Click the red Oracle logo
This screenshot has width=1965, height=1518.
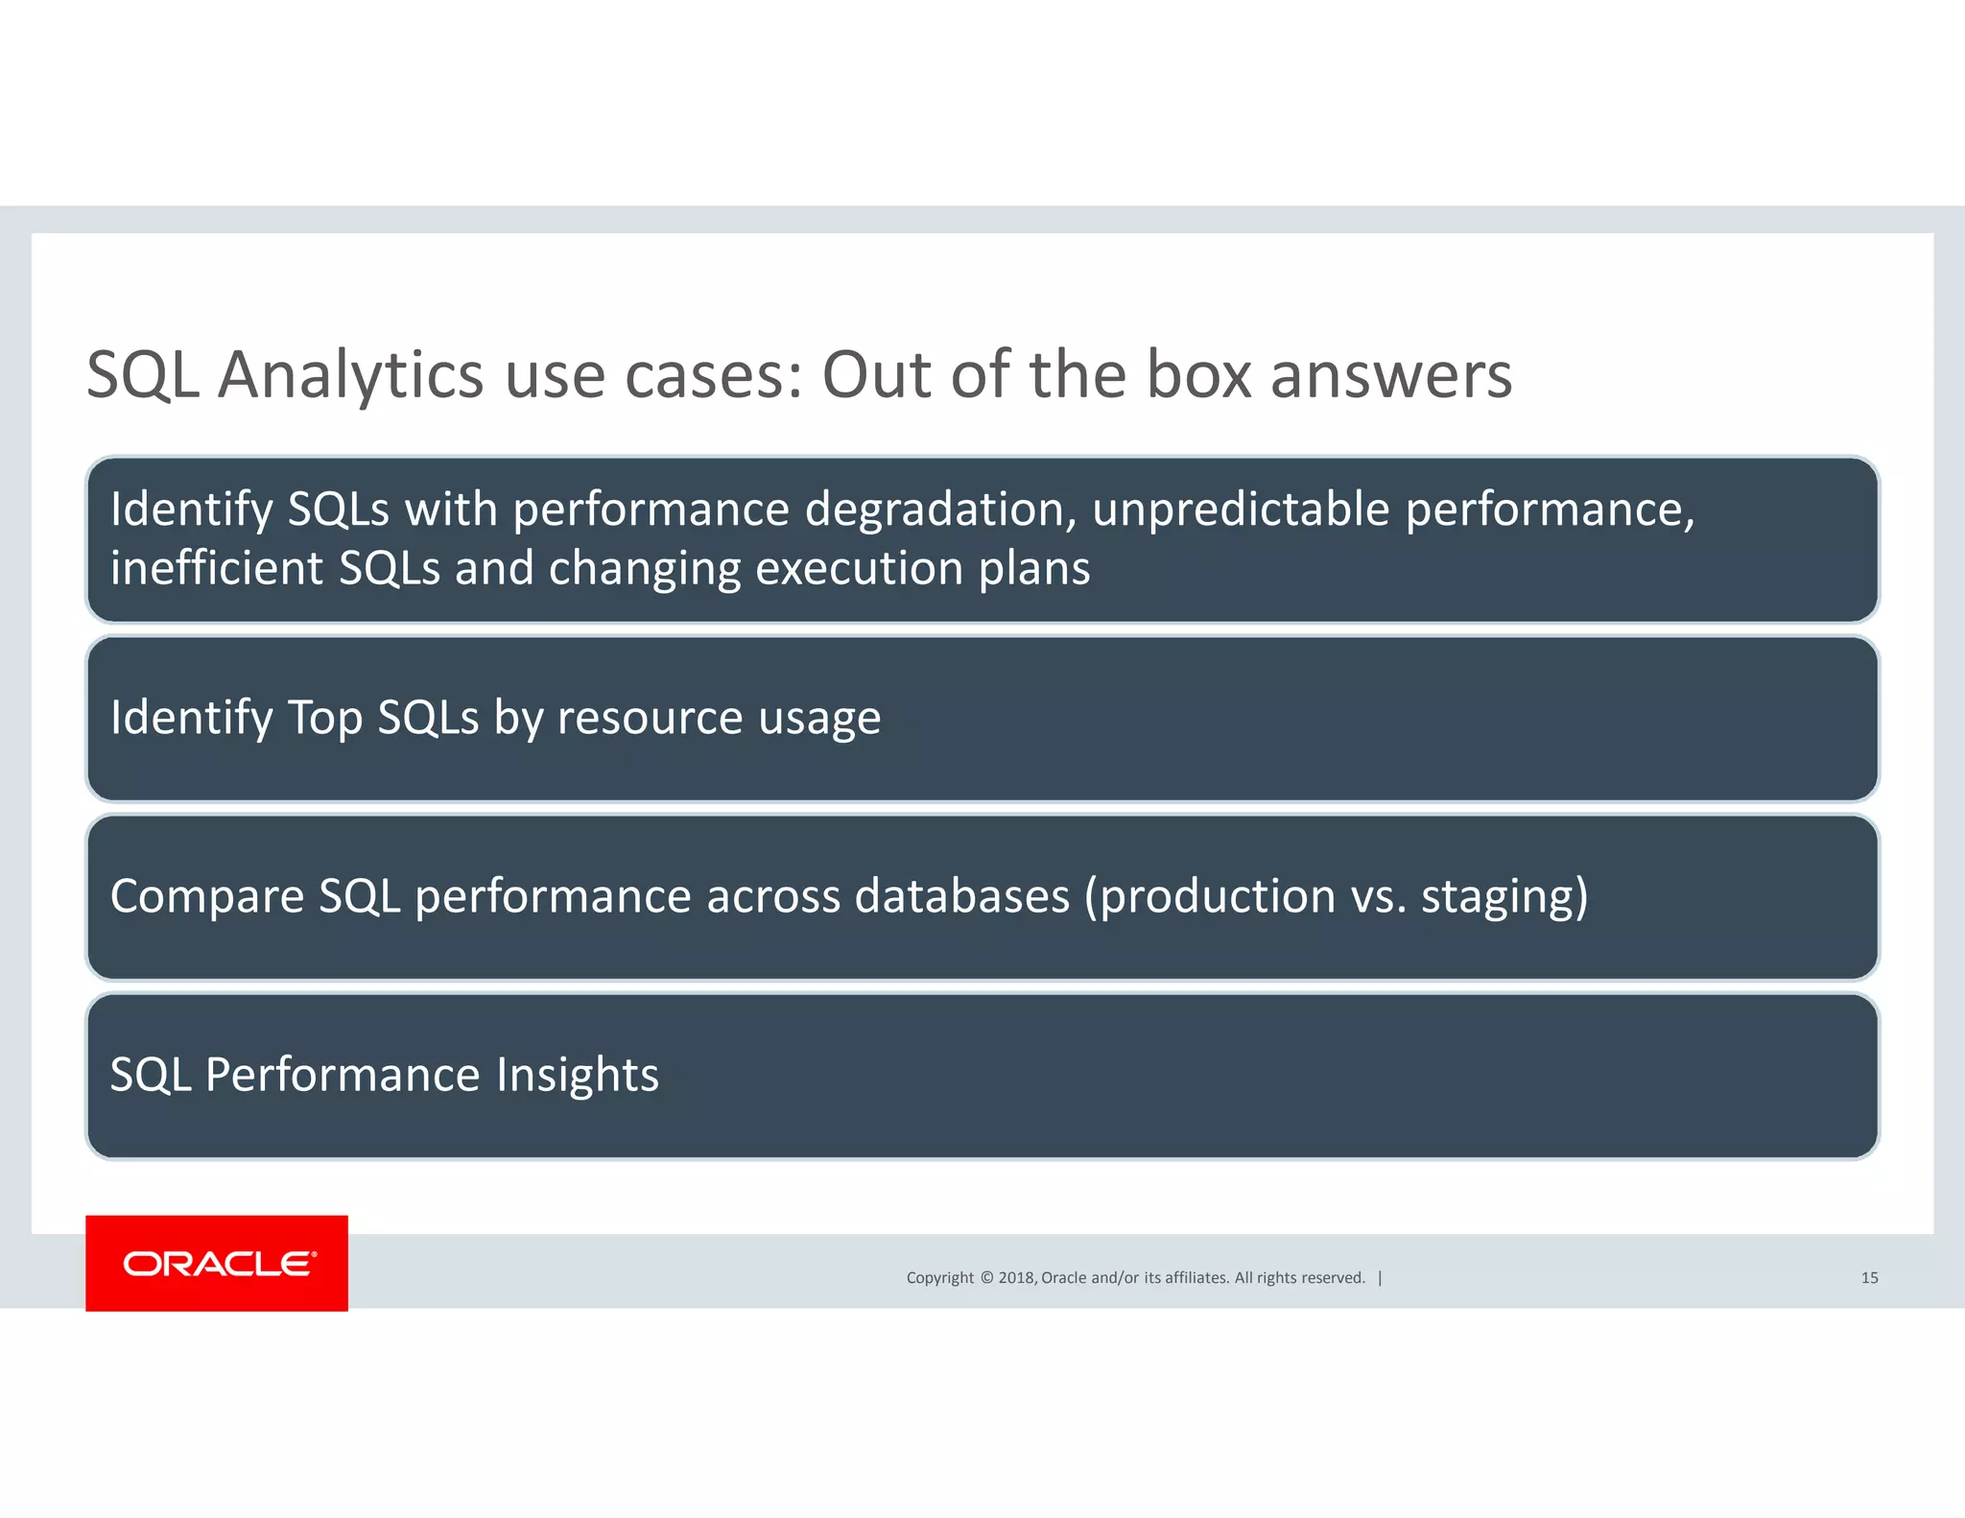pos(217,1263)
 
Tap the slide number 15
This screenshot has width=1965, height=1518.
pos(1869,1277)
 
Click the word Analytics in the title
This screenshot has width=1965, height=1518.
pos(350,374)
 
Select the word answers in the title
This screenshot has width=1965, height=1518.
pos(1391,376)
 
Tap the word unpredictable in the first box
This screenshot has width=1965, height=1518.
pos(1241,510)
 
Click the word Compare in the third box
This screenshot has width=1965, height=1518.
pos(207,897)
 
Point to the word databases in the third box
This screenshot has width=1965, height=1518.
pos(961,896)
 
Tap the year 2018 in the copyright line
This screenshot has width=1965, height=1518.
pos(1016,1277)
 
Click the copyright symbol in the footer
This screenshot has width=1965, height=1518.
pos(985,1277)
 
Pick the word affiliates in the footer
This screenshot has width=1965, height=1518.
pos(1196,1277)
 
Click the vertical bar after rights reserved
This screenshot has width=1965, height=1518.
pos(1380,1277)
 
